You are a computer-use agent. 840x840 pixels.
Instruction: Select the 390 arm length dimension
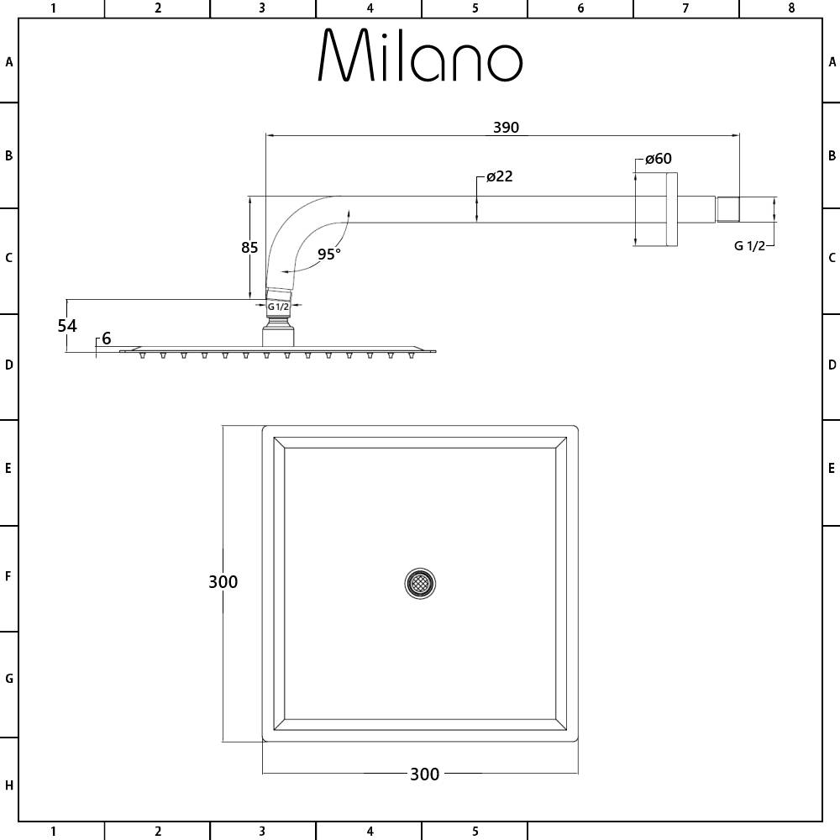tap(506, 128)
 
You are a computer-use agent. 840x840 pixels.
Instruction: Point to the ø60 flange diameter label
tap(658, 159)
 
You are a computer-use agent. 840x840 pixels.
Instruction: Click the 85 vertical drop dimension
tap(249, 248)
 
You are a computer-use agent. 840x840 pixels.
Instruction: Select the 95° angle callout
tap(329, 255)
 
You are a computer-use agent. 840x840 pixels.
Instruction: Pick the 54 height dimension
tap(67, 326)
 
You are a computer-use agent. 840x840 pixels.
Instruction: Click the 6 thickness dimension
tap(106, 339)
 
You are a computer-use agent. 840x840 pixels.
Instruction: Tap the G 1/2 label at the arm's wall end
tap(749, 245)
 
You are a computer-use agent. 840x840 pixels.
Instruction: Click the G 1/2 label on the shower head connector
tap(279, 307)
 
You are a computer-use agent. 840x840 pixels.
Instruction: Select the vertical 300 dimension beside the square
tap(223, 581)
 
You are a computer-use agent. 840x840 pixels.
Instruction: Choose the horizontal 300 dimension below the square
tap(424, 774)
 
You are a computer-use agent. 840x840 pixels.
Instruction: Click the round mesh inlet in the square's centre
tap(420, 583)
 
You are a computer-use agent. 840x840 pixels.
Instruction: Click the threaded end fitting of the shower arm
tap(727, 209)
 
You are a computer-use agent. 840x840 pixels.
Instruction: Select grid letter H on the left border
tap(9, 785)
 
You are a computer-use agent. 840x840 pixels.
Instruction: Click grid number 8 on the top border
tap(790, 8)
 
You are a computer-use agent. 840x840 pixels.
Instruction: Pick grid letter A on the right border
tap(832, 61)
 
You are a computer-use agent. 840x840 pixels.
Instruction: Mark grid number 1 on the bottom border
tap(53, 832)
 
